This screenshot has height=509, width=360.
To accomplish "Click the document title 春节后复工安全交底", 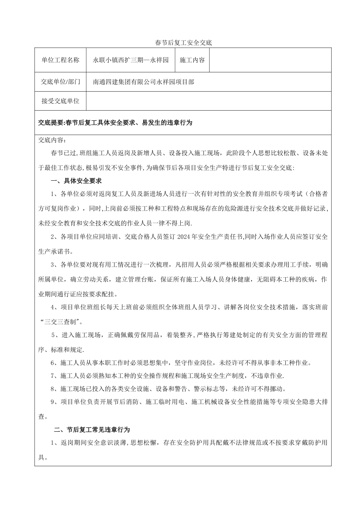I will tap(183, 43).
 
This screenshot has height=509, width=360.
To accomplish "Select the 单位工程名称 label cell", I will tap(61, 60).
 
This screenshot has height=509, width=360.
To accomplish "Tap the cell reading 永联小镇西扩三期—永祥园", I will tap(131, 60).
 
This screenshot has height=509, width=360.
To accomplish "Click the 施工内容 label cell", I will tap(192, 60).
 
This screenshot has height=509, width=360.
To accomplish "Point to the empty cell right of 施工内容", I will tap(270, 60).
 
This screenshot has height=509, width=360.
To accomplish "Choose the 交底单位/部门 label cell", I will tap(61, 81).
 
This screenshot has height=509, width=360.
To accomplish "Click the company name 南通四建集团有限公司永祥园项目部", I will tap(144, 81).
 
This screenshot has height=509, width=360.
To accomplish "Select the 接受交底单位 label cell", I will tap(61, 101).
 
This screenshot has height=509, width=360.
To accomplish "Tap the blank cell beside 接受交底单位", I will tap(209, 101).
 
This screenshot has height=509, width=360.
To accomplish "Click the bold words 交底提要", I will tap(51, 123).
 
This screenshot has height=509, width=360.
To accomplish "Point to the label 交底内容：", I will tap(52, 140).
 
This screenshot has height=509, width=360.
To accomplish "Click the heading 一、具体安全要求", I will tap(76, 181).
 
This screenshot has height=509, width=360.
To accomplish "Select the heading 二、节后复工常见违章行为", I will tap(92, 429).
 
